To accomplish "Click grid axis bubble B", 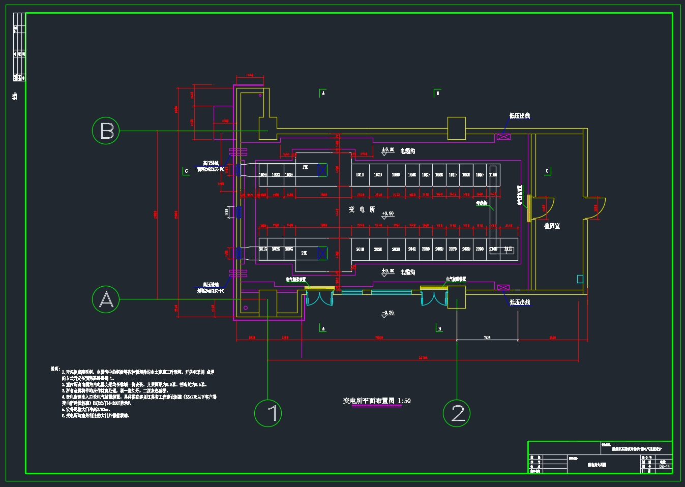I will click(106, 131).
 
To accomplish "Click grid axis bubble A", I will click(106, 299).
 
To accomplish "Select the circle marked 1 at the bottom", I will click(268, 413).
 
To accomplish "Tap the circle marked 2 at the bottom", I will click(457, 413).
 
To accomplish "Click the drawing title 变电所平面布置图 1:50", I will click(377, 401).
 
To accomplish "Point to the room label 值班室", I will click(552, 226).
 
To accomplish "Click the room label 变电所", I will click(362, 209).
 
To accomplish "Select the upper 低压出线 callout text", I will click(520, 116).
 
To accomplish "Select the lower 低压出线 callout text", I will click(520, 302).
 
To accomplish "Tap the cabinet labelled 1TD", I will click(305, 167).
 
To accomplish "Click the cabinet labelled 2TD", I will click(304, 253).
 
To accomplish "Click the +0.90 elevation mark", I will click(388, 214).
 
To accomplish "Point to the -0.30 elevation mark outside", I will click(388, 313).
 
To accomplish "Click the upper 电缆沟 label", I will click(407, 151).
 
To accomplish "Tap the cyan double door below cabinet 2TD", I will click(320, 298).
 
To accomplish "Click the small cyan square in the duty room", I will click(580, 279).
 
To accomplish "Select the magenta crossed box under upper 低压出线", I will click(503, 137).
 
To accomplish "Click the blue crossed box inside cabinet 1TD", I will click(322, 170).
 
